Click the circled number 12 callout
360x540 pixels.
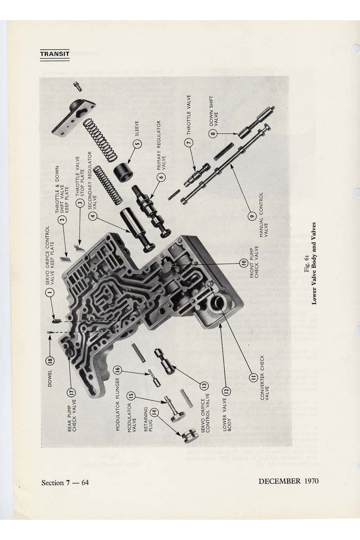pos(227,391)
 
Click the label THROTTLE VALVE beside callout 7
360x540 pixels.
pos(189,115)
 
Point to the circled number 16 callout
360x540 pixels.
pos(117,369)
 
